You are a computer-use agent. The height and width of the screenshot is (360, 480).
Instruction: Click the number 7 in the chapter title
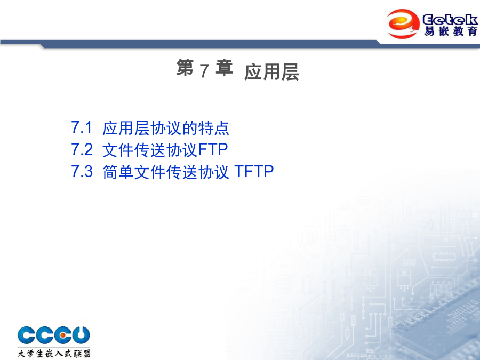pos(204,70)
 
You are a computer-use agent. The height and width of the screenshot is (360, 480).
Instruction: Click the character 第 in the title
pos(185,67)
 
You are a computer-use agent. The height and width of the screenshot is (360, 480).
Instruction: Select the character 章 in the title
pos(225,67)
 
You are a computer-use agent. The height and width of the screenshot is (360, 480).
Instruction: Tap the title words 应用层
pos(271,72)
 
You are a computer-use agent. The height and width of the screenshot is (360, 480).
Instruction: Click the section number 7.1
pos(82,127)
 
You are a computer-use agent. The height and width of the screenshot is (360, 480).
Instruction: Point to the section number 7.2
pos(82,149)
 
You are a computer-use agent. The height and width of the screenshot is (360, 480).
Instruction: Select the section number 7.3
pos(82,171)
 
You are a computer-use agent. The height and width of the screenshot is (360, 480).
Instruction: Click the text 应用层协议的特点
pos(166,128)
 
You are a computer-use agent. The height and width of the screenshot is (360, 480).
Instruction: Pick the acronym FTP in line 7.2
pos(213,149)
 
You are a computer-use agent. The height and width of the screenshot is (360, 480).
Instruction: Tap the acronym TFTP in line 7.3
pos(254,171)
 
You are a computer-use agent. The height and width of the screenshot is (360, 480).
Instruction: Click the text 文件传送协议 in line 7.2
pos(150,150)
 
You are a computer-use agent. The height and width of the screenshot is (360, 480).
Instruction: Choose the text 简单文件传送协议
pos(166,172)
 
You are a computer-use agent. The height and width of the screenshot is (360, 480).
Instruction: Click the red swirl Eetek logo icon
pos(403,23)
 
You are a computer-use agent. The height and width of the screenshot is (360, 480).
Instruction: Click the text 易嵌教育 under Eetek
pos(451,31)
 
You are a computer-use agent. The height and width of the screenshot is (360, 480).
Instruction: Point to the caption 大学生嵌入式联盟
pos(54,353)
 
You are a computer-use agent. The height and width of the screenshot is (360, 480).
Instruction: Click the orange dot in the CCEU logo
pos(62,335)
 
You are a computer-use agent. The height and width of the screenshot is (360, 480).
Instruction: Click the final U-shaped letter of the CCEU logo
pos(81,334)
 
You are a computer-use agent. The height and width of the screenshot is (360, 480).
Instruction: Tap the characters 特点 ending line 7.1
pos(214,128)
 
